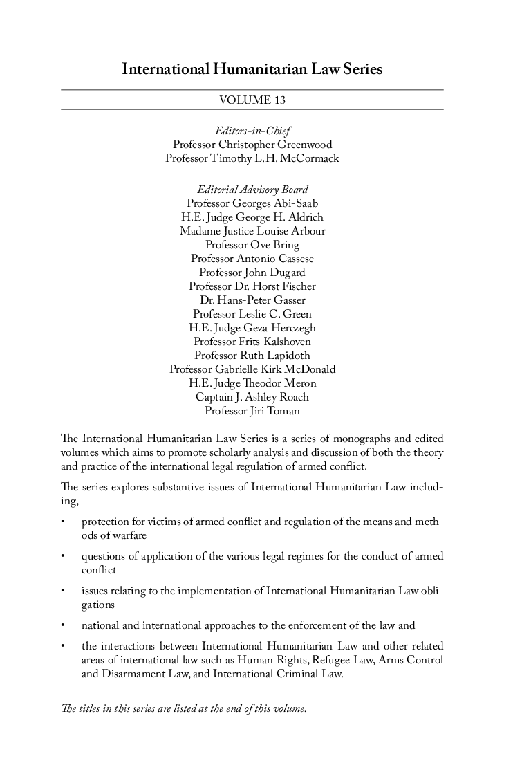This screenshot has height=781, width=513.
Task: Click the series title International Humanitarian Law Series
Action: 252,70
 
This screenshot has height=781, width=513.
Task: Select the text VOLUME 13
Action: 252,100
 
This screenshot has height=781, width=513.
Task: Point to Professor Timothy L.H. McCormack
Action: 252,158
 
